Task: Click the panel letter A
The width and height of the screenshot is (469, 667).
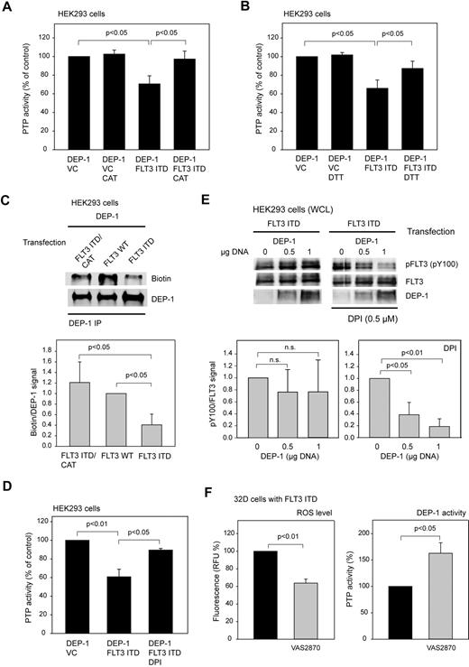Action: [7, 8]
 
